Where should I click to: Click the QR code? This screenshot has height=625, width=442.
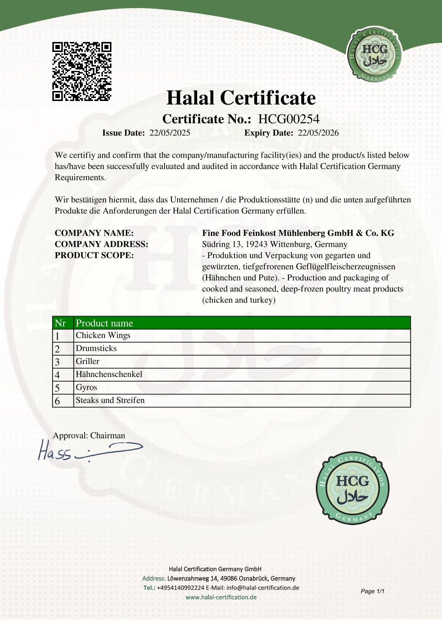click(82, 72)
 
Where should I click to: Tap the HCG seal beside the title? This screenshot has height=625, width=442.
click(374, 54)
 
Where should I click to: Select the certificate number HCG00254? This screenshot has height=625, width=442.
click(289, 119)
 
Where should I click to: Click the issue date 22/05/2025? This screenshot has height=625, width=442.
click(170, 133)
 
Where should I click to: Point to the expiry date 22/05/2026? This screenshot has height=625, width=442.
click(318, 133)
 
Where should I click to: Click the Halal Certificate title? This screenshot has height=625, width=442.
click(241, 98)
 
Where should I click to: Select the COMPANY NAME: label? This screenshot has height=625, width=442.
click(94, 233)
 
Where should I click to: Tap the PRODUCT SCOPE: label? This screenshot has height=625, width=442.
click(94, 255)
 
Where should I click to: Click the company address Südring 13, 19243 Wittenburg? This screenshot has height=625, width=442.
click(274, 244)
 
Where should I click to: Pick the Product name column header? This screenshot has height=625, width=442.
click(104, 323)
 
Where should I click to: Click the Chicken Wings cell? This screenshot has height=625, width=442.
click(103, 335)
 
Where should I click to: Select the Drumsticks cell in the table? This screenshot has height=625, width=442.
click(96, 348)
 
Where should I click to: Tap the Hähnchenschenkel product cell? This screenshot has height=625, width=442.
click(109, 374)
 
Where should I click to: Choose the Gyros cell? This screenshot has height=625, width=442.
click(87, 387)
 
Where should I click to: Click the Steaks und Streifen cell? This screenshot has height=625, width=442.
click(110, 400)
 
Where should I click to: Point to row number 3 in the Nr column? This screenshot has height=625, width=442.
click(58, 362)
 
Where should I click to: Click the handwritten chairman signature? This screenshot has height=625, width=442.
click(89, 450)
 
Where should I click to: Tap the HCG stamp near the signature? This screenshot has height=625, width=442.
click(352, 488)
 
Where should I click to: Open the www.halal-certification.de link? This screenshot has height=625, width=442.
click(221, 597)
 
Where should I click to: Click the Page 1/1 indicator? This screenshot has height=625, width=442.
click(372, 591)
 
